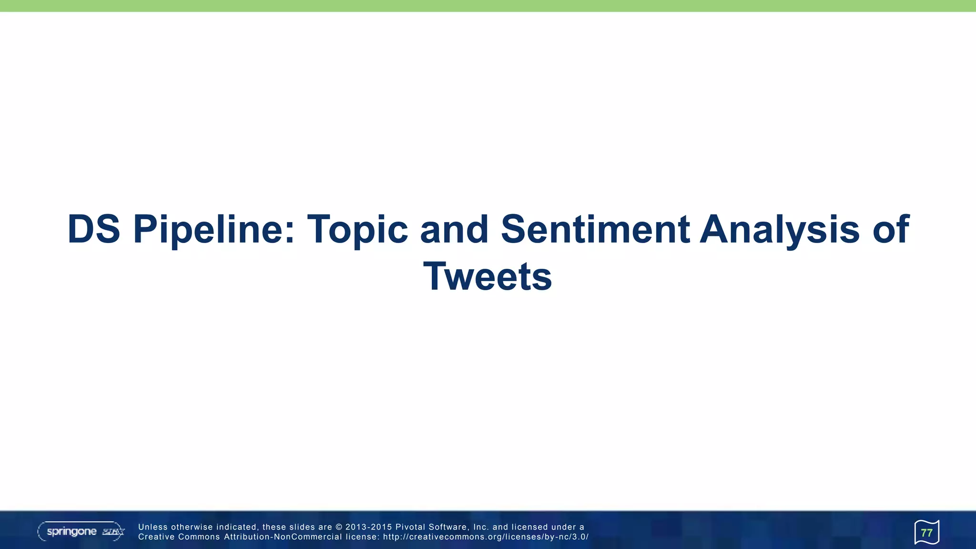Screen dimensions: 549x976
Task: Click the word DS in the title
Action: [93, 229]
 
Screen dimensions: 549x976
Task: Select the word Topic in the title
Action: [357, 229]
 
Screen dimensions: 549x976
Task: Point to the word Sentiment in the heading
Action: [595, 229]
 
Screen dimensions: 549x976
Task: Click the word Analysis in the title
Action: [780, 229]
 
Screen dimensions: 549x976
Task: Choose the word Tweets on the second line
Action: [488, 276]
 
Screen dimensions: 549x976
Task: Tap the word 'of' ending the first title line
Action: [891, 229]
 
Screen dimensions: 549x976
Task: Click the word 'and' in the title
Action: [454, 229]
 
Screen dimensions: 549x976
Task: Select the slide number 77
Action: [926, 533]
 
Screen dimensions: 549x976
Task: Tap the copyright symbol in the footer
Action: [339, 527]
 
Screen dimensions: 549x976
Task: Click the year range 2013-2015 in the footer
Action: [368, 527]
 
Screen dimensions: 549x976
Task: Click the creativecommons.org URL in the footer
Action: [486, 537]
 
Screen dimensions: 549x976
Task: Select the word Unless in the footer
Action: [152, 527]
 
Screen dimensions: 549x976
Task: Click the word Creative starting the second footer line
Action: [156, 537]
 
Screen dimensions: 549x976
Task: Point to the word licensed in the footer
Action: [529, 527]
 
